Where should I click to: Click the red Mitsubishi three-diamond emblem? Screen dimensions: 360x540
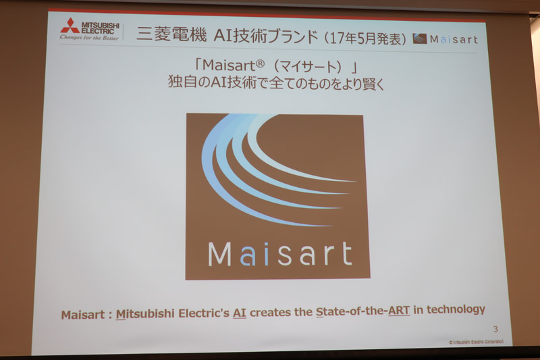coord(70,26)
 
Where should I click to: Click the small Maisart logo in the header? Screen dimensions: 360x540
coord(444,38)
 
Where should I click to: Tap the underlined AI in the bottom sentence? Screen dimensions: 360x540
coord(240,311)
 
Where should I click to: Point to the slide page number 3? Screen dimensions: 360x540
coord(495,329)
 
